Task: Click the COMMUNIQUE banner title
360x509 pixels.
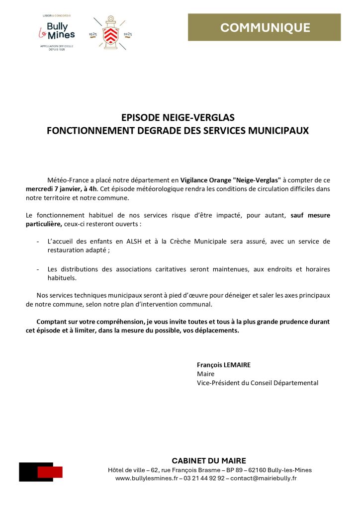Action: (x=265, y=28)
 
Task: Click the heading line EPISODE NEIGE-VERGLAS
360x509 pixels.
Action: (x=178, y=118)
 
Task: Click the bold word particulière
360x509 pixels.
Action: (x=44, y=224)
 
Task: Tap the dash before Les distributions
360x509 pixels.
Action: (x=38, y=269)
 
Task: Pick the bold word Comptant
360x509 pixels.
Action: (x=53, y=322)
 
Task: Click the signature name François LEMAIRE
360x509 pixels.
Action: (x=224, y=365)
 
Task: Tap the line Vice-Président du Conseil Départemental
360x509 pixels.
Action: (x=258, y=383)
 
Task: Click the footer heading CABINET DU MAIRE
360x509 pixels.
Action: (x=209, y=461)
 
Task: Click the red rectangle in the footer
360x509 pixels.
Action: (x=50, y=472)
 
